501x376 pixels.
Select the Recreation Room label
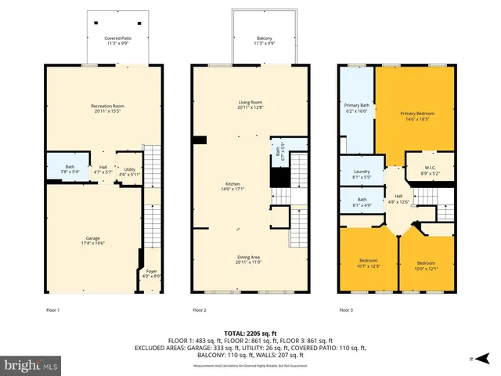pos(106,109)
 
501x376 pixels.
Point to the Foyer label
pos(150,273)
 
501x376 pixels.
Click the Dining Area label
pos(250,260)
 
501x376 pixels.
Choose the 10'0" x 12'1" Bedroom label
pos(426,265)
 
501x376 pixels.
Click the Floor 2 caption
pos(200,311)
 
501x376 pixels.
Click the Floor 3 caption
pos(345,311)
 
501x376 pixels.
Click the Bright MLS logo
pos(31,365)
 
